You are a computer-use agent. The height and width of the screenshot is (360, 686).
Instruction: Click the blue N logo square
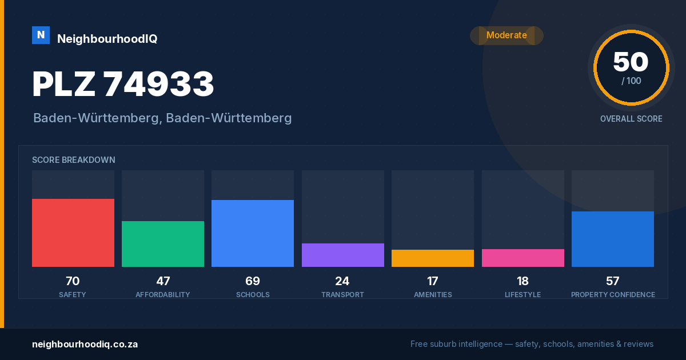click(x=41, y=35)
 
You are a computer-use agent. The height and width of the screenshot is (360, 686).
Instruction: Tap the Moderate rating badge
click(x=506, y=35)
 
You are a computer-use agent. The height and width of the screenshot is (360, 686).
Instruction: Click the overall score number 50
click(x=631, y=62)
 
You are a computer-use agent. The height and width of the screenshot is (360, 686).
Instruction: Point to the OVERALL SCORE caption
click(x=631, y=119)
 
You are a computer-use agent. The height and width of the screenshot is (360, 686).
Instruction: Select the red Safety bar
click(x=73, y=233)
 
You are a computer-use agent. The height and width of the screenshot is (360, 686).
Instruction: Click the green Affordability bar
click(x=163, y=243)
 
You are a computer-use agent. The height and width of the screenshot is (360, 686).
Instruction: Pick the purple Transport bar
click(x=343, y=255)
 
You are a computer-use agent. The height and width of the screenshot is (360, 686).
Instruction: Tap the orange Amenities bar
click(x=433, y=258)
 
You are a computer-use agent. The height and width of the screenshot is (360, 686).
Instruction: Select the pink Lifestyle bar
click(x=523, y=258)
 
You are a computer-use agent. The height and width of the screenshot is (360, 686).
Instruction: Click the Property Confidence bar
click(x=613, y=239)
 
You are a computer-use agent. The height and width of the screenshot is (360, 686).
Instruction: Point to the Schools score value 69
click(x=253, y=281)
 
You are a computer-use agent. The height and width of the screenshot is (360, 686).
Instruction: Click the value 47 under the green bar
click(x=163, y=281)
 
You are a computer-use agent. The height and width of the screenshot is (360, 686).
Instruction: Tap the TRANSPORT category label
click(x=342, y=294)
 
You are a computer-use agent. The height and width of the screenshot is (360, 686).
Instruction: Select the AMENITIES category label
click(x=433, y=294)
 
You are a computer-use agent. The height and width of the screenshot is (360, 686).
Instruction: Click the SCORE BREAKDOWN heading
click(x=74, y=160)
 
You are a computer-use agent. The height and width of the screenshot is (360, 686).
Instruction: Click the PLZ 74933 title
click(x=123, y=84)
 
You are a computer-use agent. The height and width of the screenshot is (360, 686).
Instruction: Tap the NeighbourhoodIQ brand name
click(x=107, y=39)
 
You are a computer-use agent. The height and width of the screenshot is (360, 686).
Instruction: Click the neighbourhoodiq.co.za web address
click(x=85, y=344)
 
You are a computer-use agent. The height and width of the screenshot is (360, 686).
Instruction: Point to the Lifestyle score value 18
click(x=523, y=281)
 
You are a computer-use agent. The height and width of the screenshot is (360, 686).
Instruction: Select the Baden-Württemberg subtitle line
click(x=162, y=118)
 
